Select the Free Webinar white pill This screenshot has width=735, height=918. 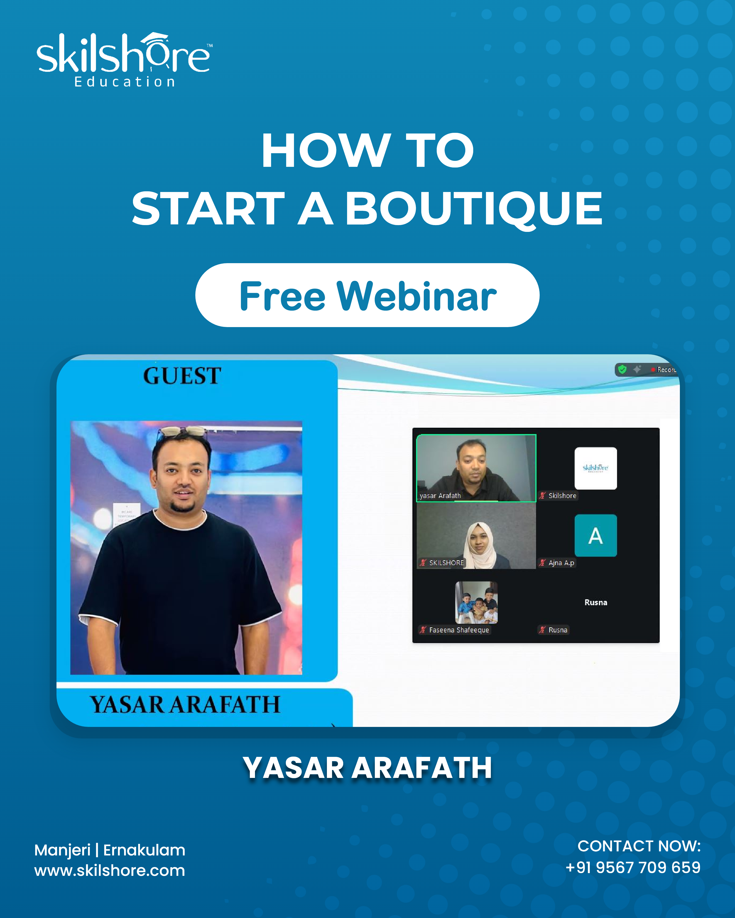367,295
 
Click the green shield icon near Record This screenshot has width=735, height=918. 622,369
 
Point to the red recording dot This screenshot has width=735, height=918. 653,370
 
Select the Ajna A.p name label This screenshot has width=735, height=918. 561,563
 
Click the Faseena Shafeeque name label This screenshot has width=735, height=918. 459,630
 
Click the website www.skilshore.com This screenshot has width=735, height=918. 110,870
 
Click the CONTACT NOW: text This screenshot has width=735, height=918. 639,846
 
